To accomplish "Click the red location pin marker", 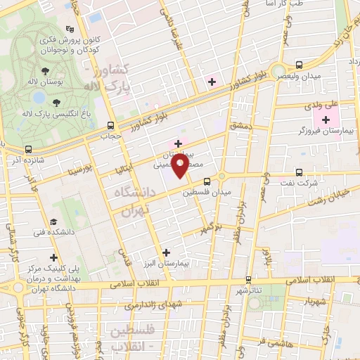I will coord(181,167).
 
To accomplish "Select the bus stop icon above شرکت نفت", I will coord(299,172).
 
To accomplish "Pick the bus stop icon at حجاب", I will coord(108,126).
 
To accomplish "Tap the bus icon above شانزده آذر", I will coord(29,149).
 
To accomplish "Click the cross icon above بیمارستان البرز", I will coord(166,252).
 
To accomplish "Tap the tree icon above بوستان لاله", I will coord(45,70).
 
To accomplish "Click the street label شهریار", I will coord(312,301).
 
